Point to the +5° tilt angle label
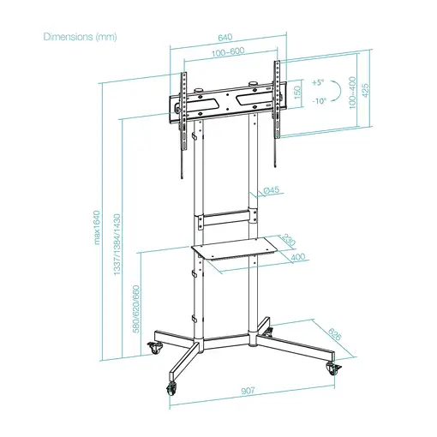(319, 83)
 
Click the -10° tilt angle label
(319, 100)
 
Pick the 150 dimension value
(297, 92)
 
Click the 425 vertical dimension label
(367, 91)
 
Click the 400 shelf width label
(297, 257)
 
